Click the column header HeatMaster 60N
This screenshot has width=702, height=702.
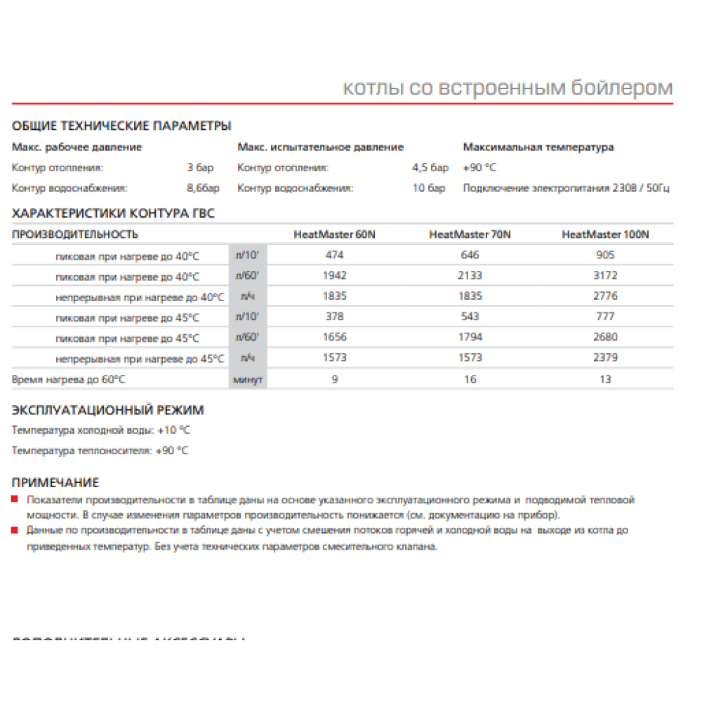(x=334, y=234)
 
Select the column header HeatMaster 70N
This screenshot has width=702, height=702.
(x=470, y=234)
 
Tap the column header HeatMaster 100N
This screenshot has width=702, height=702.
(x=606, y=234)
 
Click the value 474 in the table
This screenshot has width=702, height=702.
(x=334, y=255)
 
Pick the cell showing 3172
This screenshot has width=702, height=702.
(x=606, y=276)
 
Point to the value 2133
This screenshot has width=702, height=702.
(x=470, y=276)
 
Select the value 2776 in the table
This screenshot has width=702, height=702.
(x=606, y=296)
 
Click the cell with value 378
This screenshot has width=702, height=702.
(x=334, y=317)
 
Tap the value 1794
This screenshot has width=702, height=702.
(x=470, y=338)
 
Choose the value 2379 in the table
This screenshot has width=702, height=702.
(x=606, y=358)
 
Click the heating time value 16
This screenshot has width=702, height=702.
(x=470, y=379)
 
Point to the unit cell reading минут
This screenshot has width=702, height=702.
(x=248, y=380)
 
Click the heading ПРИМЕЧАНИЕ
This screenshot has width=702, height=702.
(x=56, y=482)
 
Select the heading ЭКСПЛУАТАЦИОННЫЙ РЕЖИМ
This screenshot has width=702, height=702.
(x=108, y=410)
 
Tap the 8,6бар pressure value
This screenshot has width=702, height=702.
(x=203, y=188)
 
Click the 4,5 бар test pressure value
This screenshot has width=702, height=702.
(x=430, y=168)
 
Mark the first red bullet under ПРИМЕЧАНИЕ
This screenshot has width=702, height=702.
(x=15, y=498)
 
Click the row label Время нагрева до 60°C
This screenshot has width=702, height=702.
(x=69, y=379)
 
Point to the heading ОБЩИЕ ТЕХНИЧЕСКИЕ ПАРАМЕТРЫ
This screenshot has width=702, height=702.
(x=121, y=126)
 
